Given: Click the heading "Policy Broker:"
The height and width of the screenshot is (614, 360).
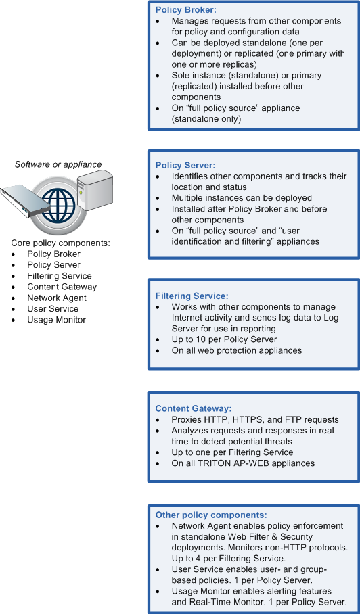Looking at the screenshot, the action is [185, 9].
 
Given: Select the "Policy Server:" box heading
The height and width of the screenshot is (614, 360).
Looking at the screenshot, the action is [185, 165].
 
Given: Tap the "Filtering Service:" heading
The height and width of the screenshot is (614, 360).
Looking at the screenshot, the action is [192, 296].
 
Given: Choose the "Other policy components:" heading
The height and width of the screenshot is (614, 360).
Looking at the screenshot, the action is [211, 515].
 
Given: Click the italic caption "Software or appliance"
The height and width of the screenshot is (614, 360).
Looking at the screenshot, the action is [58, 164].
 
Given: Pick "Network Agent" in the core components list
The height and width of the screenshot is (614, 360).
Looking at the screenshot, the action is [57, 298].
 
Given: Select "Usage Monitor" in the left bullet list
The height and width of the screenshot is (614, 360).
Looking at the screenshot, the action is [56, 320].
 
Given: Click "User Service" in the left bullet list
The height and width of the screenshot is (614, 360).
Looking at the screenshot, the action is [53, 308].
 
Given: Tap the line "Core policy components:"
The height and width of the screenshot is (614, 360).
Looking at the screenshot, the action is [61, 243].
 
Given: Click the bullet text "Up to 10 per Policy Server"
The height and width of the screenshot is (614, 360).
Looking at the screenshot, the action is [224, 339].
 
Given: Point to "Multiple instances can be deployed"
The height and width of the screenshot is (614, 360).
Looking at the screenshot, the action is [242, 197].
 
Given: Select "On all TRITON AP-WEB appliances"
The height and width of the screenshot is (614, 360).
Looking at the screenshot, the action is [243, 463].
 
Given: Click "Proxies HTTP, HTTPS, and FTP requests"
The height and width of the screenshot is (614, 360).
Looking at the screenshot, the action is [255, 419].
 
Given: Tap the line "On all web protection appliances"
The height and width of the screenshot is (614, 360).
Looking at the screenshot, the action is [237, 350].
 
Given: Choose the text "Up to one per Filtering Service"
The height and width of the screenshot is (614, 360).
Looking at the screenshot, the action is [232, 452].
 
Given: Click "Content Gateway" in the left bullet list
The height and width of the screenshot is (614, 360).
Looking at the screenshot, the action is [62, 287].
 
